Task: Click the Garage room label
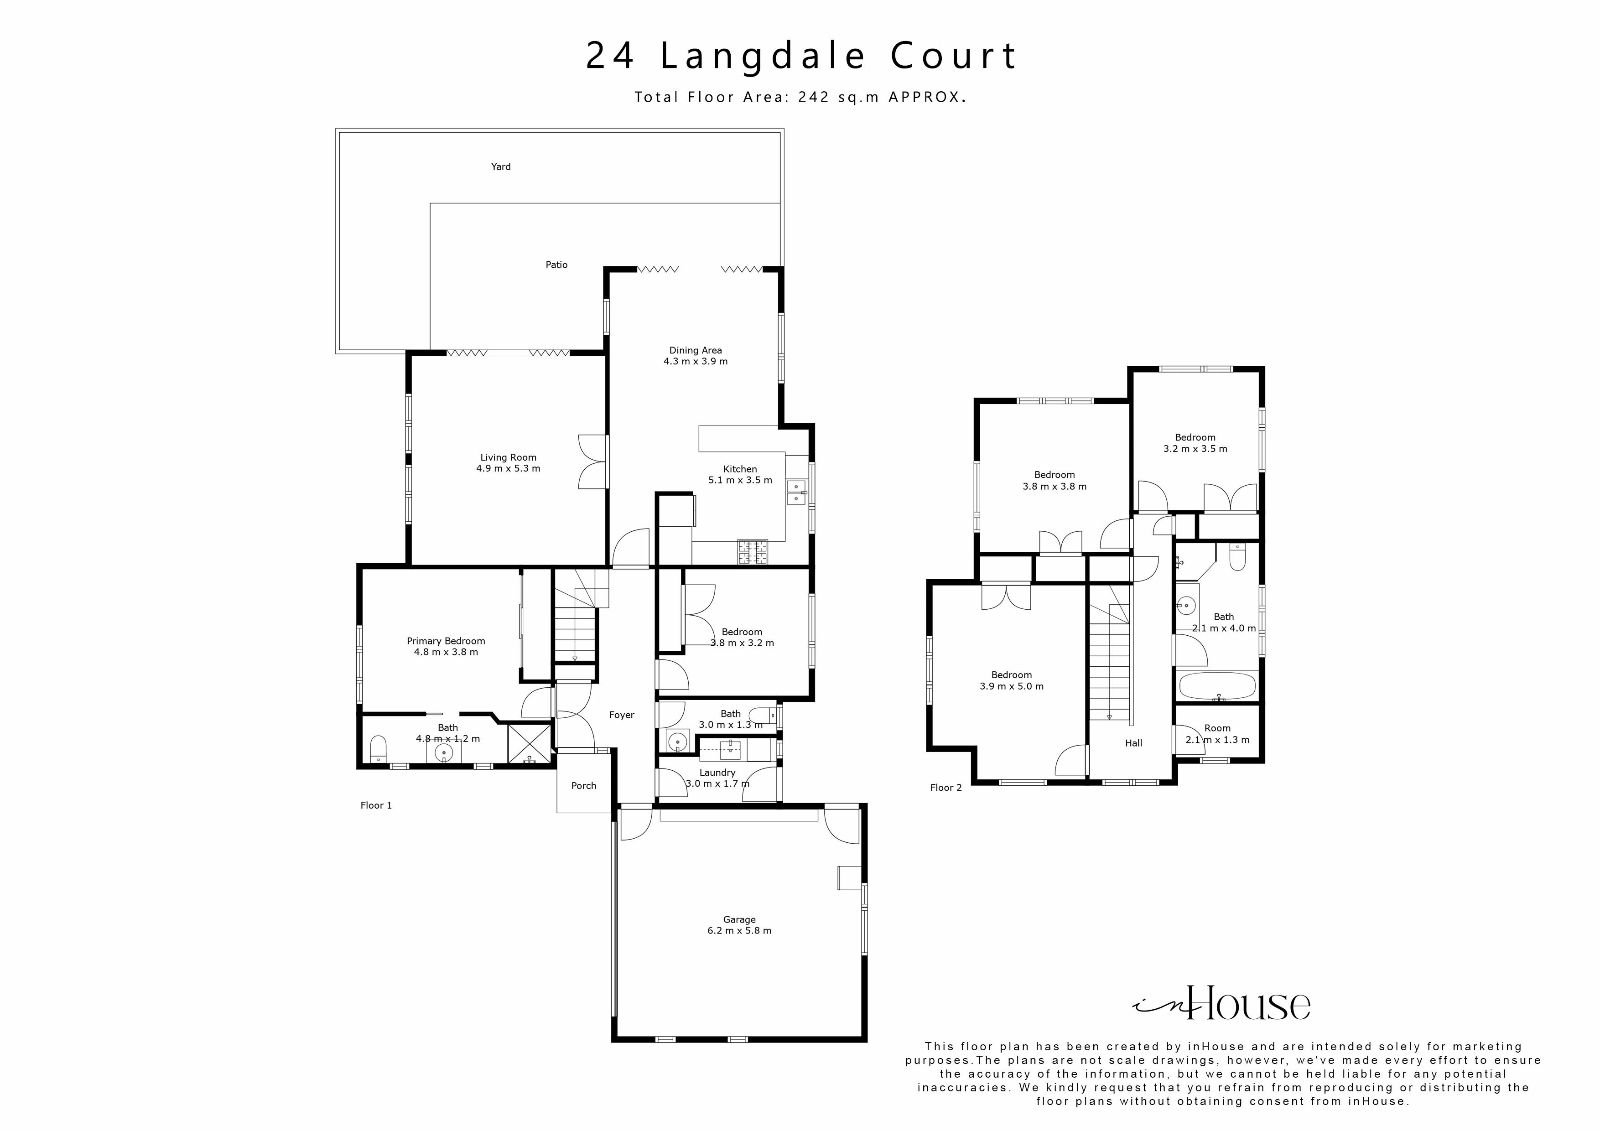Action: click(x=739, y=919)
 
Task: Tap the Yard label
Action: click(x=500, y=166)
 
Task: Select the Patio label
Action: click(x=556, y=265)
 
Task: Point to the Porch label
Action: click(x=583, y=785)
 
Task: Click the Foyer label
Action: click(x=621, y=715)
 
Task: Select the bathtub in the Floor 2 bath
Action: click(x=1217, y=686)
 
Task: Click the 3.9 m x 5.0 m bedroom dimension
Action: click(x=1011, y=686)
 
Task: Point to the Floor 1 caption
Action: click(x=376, y=805)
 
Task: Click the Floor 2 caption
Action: click(x=945, y=788)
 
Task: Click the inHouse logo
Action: click(x=1221, y=1003)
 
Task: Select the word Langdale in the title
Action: click(x=763, y=56)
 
